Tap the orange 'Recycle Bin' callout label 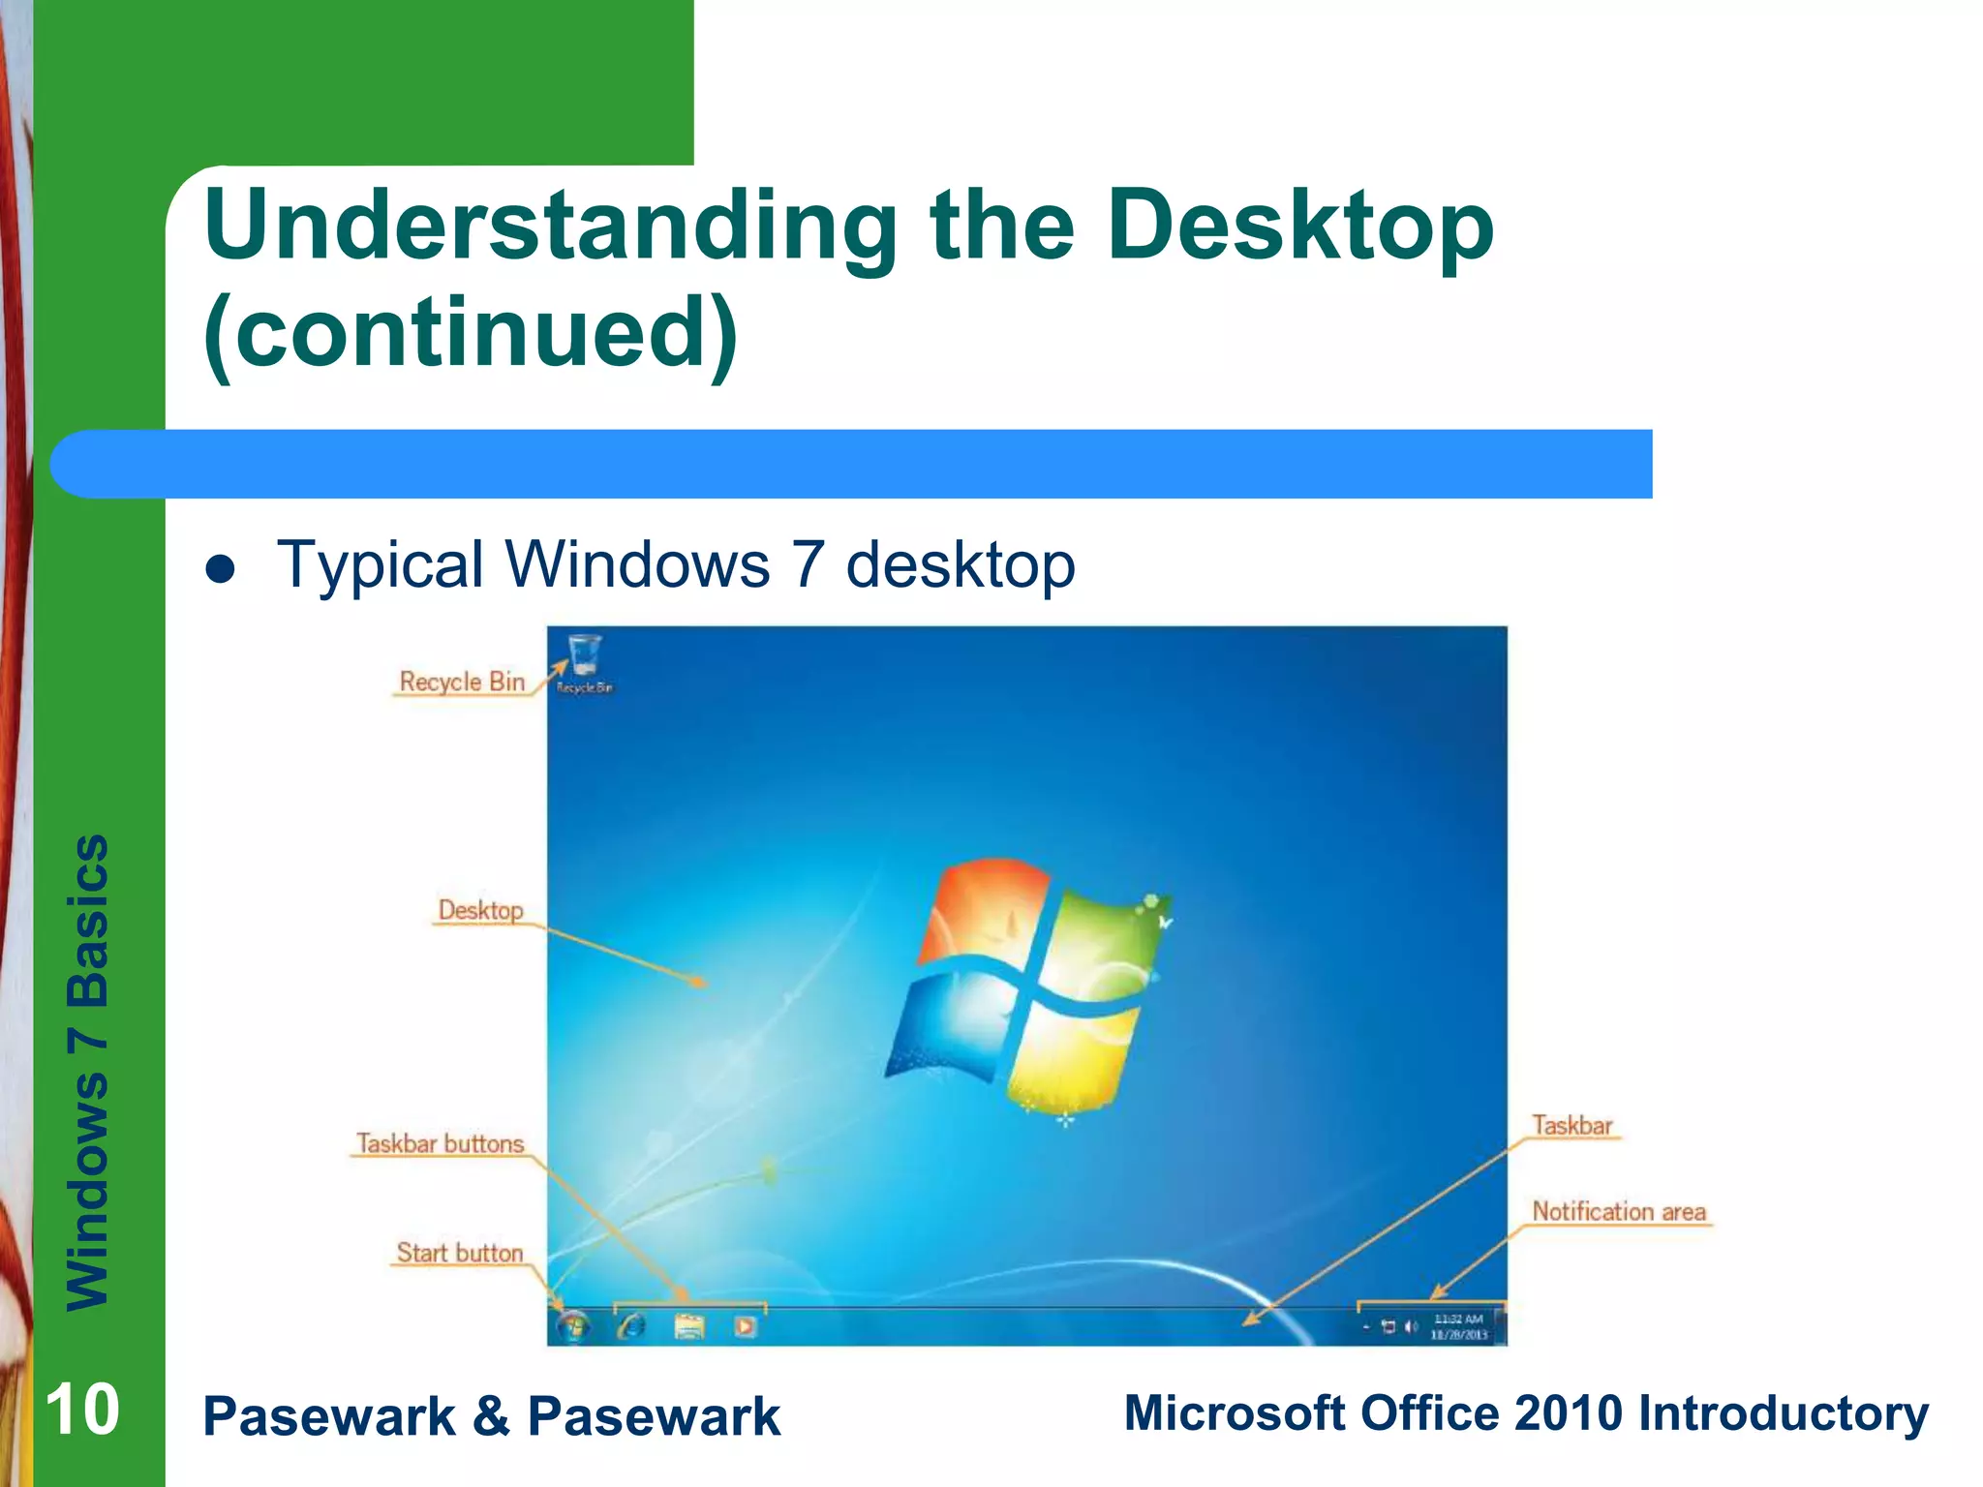point(462,682)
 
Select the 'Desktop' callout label point(480,910)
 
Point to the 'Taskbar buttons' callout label point(441,1143)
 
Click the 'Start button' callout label point(460,1253)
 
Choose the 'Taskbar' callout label point(1572,1125)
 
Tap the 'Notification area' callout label point(1619,1211)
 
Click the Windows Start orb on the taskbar point(572,1325)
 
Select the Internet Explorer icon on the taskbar point(631,1325)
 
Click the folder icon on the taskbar point(688,1325)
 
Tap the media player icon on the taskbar point(745,1325)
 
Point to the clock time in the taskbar point(1459,1319)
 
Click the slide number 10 point(82,1410)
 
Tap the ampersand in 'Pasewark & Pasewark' point(491,1415)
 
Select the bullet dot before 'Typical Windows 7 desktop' point(221,569)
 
